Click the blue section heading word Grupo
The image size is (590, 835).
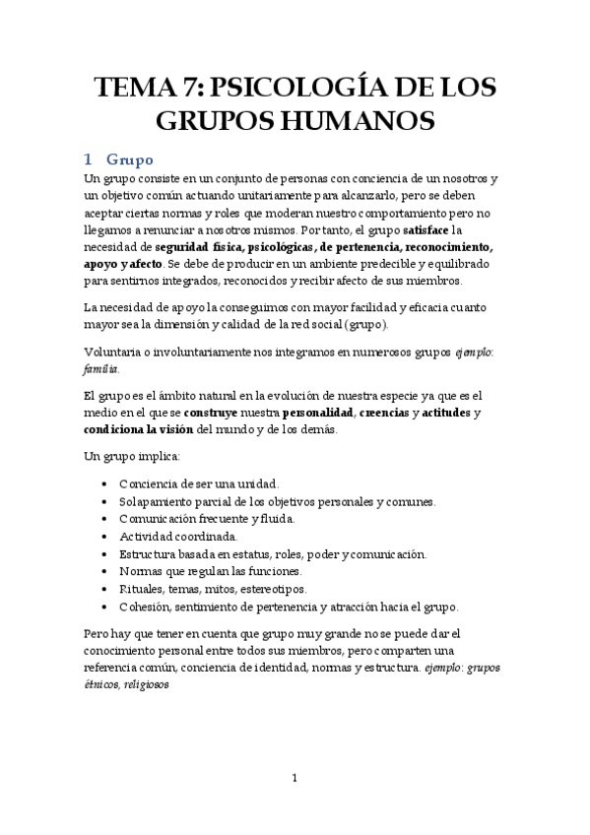click(130, 158)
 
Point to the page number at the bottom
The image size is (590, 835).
click(295, 779)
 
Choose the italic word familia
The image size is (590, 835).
click(100, 370)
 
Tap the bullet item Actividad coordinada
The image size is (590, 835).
click(178, 537)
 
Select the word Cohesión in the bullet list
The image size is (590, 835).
click(145, 607)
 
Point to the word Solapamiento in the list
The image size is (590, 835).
click(157, 501)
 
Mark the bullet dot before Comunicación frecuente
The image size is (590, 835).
click(105, 519)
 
